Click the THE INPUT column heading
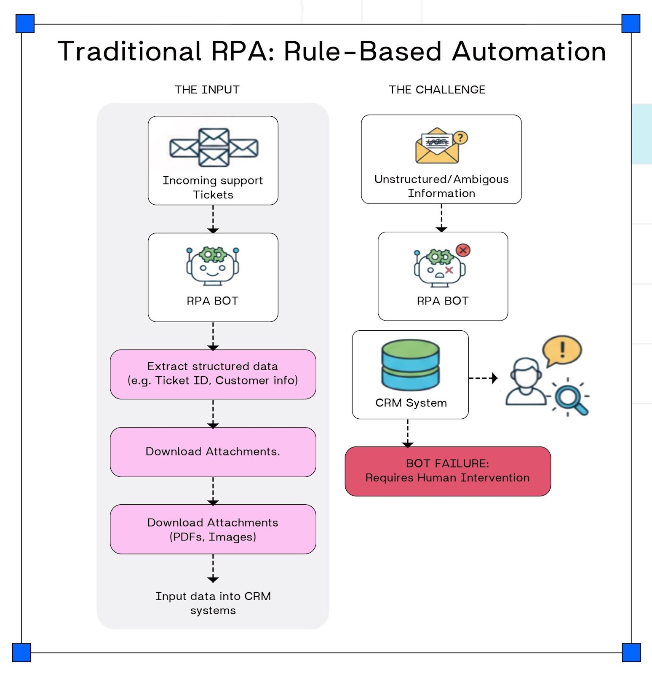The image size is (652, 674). coord(207,90)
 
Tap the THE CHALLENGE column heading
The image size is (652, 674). coord(437,90)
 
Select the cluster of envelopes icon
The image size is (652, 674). coord(214,147)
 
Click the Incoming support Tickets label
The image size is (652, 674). coord(213,187)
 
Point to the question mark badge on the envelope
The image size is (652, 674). coord(461,137)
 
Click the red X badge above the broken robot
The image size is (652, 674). coord(463,251)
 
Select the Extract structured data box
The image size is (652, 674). coord(213,374)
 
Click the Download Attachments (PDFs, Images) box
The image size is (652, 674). coord(213,529)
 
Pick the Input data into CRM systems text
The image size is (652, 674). coord(213,603)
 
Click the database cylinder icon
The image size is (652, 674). coord(410,365)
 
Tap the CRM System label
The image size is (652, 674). coord(411,403)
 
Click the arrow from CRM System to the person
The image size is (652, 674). coord(483,378)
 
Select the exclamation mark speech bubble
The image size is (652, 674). coord(562,350)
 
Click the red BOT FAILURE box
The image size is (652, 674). coord(447,471)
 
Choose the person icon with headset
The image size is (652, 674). coord(525,382)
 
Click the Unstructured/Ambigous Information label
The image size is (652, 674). coord(441,186)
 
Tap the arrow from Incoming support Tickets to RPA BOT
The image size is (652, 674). coord(213,219)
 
